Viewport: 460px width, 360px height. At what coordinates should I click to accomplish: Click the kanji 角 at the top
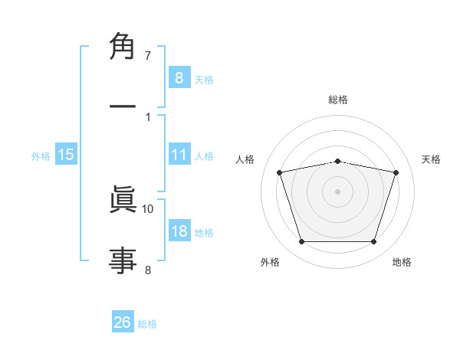[123, 48]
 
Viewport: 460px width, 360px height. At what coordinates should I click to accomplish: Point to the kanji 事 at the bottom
[123, 257]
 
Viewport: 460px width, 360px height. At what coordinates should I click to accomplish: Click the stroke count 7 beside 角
[148, 56]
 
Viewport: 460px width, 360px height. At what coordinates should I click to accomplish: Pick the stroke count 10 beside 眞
[148, 208]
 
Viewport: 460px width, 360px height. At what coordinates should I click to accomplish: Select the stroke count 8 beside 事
[148, 269]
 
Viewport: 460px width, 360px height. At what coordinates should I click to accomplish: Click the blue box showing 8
[179, 77]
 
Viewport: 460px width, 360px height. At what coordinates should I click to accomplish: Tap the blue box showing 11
[179, 155]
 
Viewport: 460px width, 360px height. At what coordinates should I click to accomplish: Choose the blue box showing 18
[179, 231]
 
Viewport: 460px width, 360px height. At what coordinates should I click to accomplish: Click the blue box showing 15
[66, 155]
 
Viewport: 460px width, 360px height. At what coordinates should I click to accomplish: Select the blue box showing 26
[123, 322]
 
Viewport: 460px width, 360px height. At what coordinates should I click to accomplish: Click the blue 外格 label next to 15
[41, 156]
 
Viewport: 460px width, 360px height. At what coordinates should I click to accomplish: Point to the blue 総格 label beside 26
[147, 324]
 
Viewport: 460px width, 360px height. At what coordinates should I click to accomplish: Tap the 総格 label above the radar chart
[338, 100]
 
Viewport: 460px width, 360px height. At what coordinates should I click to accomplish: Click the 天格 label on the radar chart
[432, 159]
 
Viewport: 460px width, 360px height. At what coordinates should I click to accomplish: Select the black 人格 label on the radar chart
[245, 159]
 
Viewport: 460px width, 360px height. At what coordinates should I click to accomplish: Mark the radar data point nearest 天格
[396, 172]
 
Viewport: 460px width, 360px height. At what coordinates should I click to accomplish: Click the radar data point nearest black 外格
[301, 242]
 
